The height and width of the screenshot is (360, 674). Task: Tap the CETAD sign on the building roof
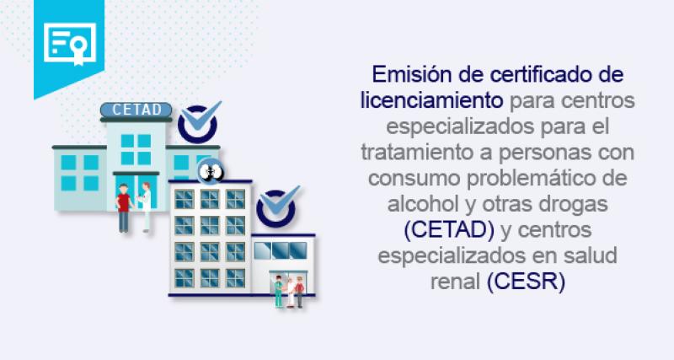click(x=136, y=110)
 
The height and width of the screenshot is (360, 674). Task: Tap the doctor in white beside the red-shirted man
click(x=146, y=205)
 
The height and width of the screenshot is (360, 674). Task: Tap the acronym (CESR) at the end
click(x=526, y=279)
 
